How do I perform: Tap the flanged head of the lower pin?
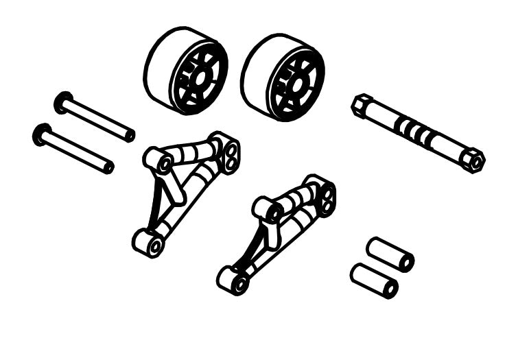[42, 134]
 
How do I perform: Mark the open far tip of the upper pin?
[129, 135]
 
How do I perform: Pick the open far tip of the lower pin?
[108, 167]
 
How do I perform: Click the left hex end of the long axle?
[361, 105]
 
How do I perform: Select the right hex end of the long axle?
[473, 160]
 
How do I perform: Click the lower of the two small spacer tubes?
[373, 280]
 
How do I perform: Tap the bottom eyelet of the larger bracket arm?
[149, 243]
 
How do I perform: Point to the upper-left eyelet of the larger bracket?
[160, 162]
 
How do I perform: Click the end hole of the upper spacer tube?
[406, 262]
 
